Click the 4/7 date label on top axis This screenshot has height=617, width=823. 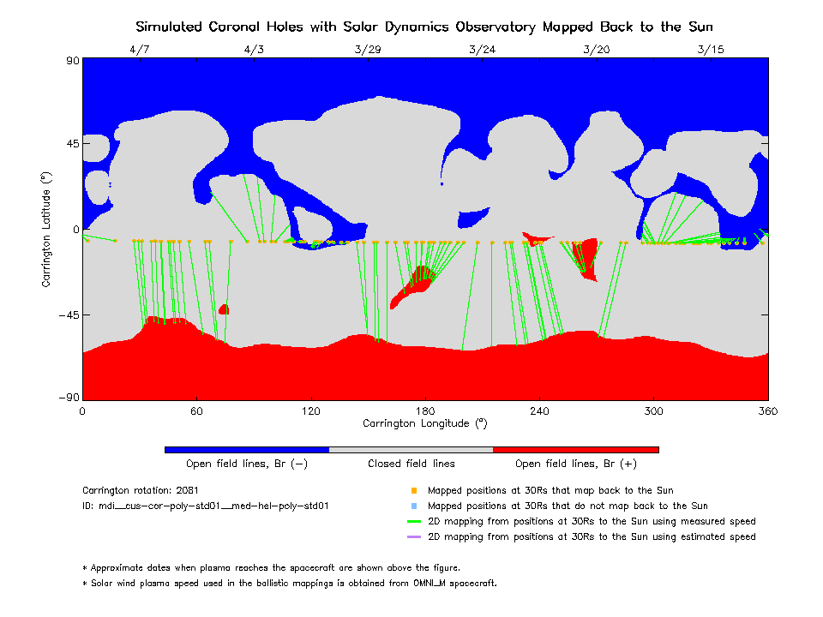tap(139, 50)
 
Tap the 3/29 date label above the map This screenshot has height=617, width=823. tap(368, 50)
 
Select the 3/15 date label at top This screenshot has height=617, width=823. tap(711, 50)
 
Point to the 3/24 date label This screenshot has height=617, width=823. tap(482, 50)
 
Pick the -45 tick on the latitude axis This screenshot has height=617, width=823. tap(68, 314)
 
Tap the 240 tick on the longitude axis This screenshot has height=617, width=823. tap(539, 410)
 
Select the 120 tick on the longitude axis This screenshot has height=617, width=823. tap(310, 410)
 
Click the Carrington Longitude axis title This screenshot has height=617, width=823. tap(425, 423)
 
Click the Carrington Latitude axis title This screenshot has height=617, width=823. tap(46, 229)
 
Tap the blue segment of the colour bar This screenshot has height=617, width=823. tap(247, 449)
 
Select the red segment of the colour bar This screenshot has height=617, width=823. tap(576, 449)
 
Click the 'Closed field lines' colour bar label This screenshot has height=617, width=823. tap(411, 464)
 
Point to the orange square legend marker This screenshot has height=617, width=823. tap(413, 491)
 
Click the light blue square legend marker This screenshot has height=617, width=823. tap(413, 506)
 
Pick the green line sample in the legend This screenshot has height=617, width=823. tap(413, 521)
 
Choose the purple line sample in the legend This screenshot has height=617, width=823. tap(413, 536)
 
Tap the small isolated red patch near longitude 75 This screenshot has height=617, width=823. tap(224, 309)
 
